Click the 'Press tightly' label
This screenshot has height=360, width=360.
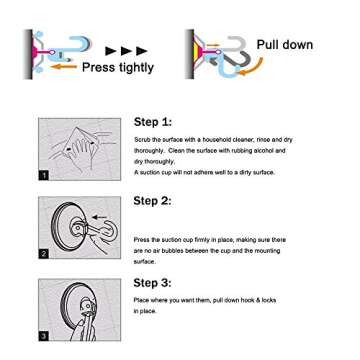117,68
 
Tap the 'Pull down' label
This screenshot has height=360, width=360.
284,45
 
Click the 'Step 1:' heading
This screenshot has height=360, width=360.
152,121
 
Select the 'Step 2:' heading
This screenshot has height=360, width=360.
152,201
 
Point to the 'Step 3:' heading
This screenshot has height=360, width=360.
152,282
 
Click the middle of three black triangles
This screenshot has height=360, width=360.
127,49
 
